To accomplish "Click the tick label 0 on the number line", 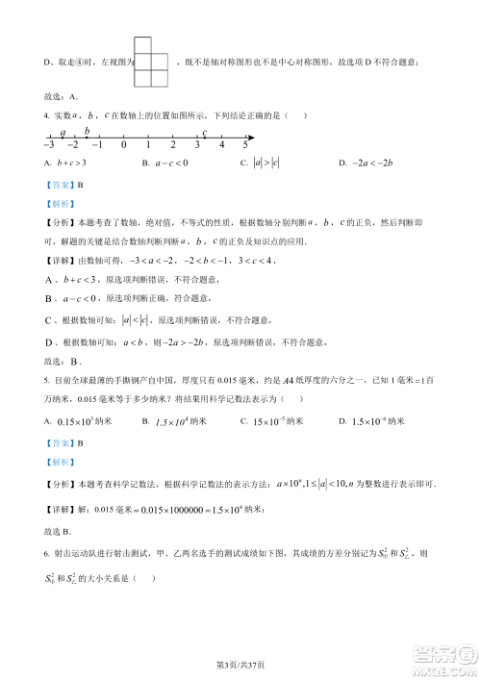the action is pyautogui.click(x=124, y=144).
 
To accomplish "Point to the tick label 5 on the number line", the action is pyautogui.click(x=245, y=144).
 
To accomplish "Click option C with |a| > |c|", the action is pyautogui.click(x=260, y=164).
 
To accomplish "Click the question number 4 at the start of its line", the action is pyautogui.click(x=46, y=115).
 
